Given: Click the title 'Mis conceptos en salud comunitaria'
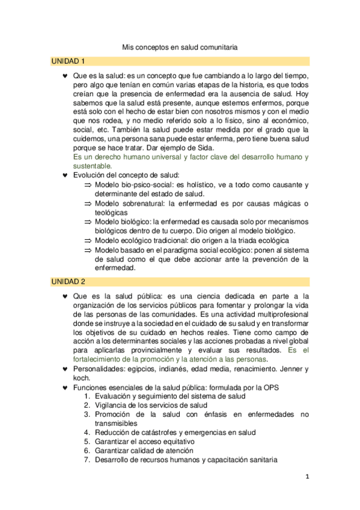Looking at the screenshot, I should [180, 46].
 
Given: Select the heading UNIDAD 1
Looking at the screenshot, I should [69, 61].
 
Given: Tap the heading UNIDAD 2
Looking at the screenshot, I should [69, 281].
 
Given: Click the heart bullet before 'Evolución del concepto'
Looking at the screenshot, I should [65, 175].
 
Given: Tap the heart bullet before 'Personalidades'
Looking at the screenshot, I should [65, 369].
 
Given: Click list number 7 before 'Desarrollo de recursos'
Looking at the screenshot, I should [87, 459].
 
